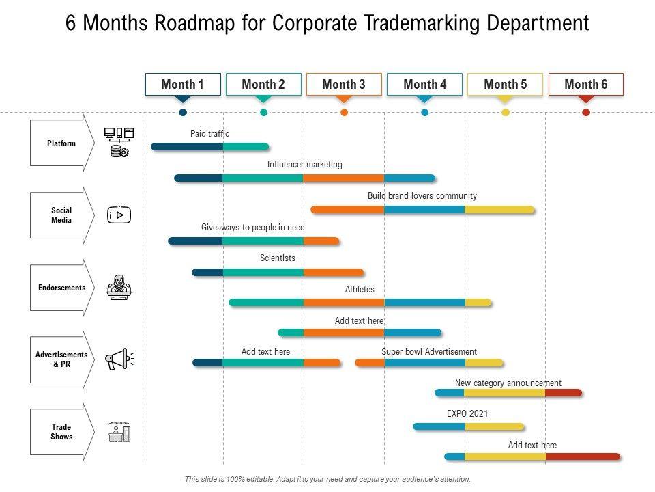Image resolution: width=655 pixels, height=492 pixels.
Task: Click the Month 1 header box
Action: pyautogui.click(x=183, y=85)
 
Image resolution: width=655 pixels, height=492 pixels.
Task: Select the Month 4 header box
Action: pyautogui.click(x=424, y=85)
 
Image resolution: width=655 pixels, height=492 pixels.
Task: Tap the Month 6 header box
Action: pyautogui.click(x=585, y=85)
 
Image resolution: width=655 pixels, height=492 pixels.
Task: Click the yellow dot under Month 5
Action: pyautogui.click(x=506, y=113)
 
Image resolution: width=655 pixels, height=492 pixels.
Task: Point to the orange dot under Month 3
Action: pyautogui.click(x=344, y=113)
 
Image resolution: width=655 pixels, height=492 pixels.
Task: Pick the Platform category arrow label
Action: pyautogui.click(x=61, y=143)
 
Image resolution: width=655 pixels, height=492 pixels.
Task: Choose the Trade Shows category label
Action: pyautogui.click(x=61, y=432)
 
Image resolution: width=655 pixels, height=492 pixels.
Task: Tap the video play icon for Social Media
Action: pyautogui.click(x=119, y=215)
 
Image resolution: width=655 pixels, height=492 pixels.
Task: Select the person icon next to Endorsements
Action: pyautogui.click(x=119, y=288)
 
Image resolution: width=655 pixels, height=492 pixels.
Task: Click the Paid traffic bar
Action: pyautogui.click(x=210, y=146)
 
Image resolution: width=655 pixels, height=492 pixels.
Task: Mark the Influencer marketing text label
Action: pyautogui.click(x=305, y=165)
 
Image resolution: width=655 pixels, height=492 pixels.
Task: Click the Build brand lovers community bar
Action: pyautogui.click(x=422, y=210)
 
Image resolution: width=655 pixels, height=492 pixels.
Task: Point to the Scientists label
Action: pyautogui.click(x=278, y=258)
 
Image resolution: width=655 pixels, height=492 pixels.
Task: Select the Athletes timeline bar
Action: pyautogui.click(x=360, y=302)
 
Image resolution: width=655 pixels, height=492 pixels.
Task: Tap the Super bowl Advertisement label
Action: pyautogui.click(x=429, y=352)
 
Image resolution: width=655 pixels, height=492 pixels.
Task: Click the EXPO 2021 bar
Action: pyautogui.click(x=468, y=426)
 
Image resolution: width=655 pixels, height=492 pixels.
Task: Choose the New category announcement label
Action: pyautogui.click(x=508, y=383)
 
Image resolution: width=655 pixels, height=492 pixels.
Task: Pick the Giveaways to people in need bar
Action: pyautogui.click(x=253, y=241)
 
